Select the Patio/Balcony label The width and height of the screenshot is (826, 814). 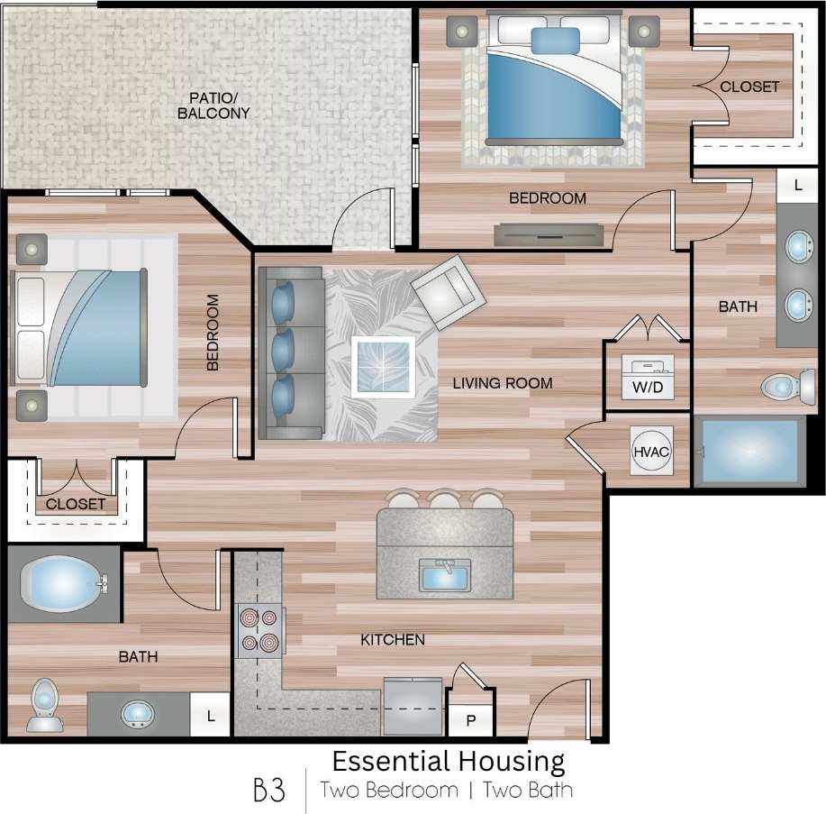[x=213, y=105]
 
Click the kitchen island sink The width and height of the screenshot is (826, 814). [x=445, y=574]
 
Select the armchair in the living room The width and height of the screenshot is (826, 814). [x=448, y=291]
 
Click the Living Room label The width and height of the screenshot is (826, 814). [x=502, y=383]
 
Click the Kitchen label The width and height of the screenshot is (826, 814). [x=393, y=640]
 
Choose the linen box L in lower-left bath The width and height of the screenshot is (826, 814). [x=211, y=717]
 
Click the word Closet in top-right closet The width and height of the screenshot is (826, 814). [x=749, y=87]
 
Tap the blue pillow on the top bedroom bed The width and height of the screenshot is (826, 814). [x=555, y=41]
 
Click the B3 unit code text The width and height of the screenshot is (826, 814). [x=269, y=791]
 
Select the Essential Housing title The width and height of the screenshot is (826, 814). [x=449, y=761]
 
